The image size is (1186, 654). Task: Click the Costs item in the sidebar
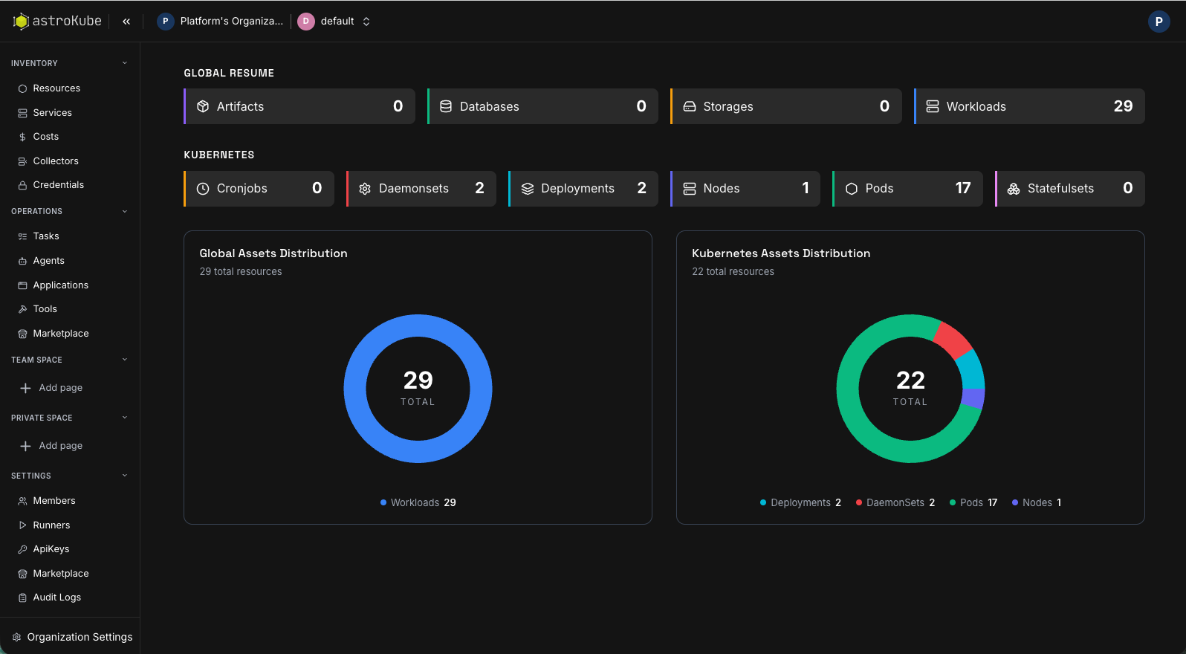point(45,137)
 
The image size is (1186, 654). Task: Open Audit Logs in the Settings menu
point(56,598)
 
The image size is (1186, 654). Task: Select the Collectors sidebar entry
point(55,161)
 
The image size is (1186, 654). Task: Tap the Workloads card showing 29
point(1029,106)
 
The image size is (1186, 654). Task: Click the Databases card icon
point(446,106)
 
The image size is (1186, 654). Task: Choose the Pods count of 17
point(962,188)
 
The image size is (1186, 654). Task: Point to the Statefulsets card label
point(1060,189)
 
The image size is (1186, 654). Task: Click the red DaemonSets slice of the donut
point(952,338)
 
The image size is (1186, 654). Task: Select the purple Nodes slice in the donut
point(973,398)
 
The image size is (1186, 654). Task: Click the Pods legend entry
point(973,503)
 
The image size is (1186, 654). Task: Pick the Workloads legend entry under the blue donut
point(418,503)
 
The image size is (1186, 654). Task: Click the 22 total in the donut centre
point(910,381)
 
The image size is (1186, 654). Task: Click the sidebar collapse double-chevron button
point(126,22)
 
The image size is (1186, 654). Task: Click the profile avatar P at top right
point(1159,22)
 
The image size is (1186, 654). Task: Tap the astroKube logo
point(57,22)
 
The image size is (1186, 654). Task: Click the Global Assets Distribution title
point(273,253)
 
